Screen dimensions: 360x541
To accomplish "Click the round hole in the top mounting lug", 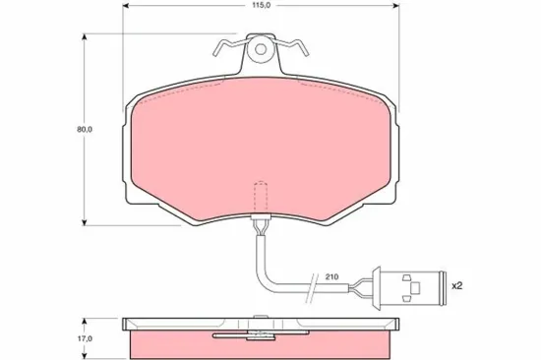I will (261, 46).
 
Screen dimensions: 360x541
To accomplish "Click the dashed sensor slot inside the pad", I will (261, 197).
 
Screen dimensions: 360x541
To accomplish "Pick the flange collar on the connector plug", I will (385, 286).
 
